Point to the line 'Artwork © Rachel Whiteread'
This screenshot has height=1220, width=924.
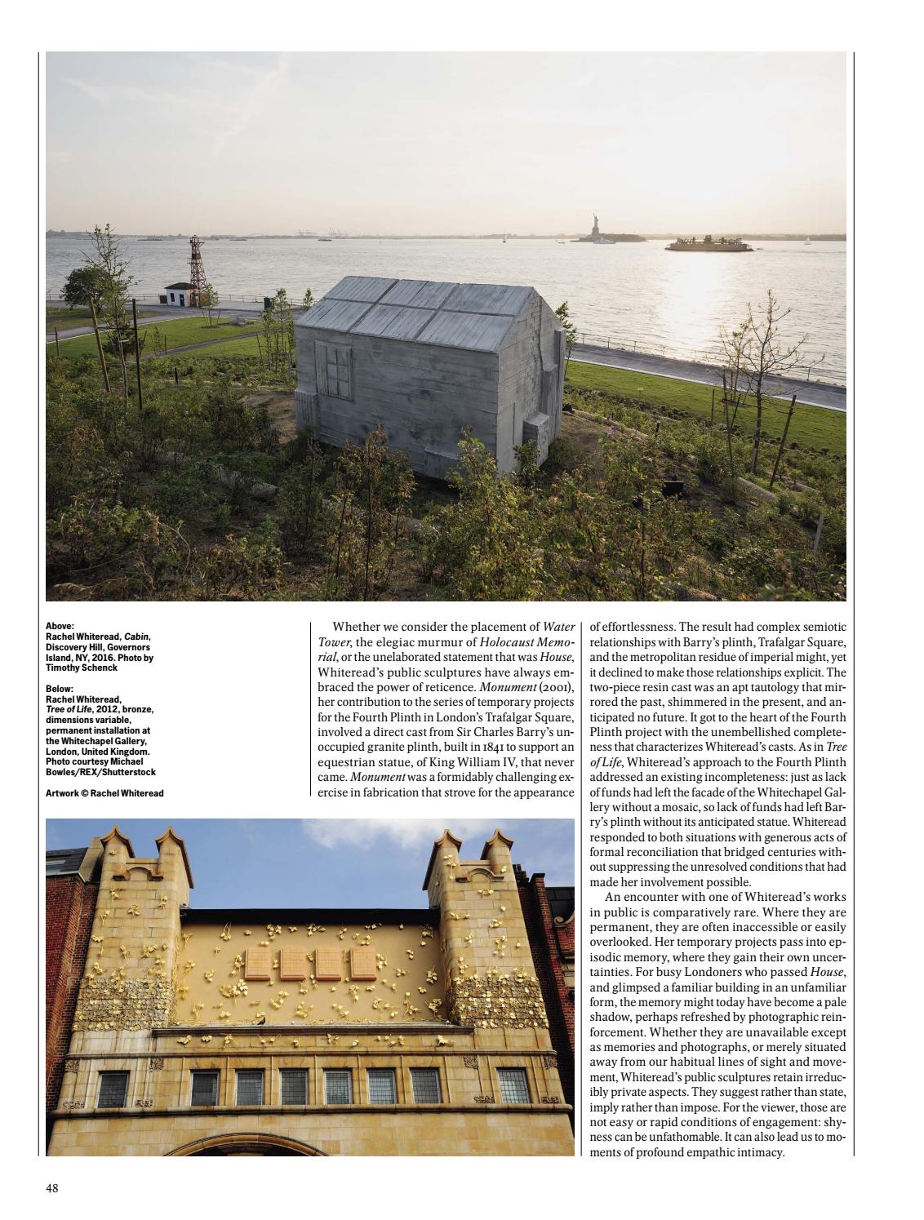point(104,792)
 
